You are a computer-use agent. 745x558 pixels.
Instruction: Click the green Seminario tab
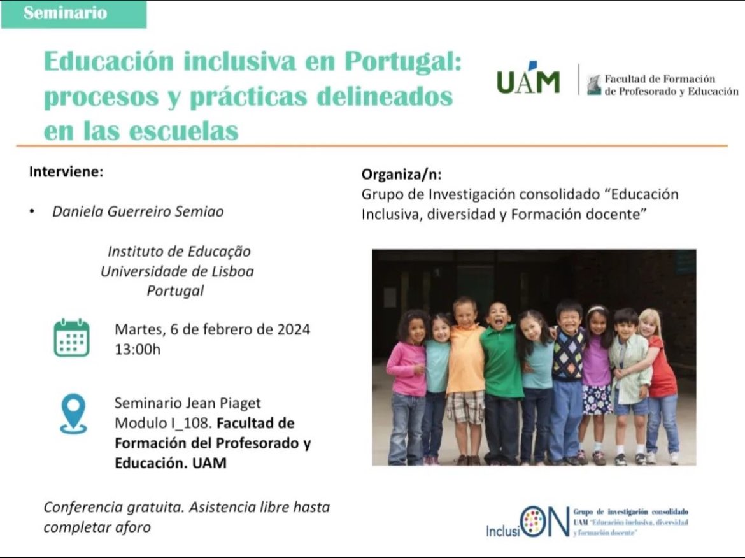pyautogui.click(x=73, y=14)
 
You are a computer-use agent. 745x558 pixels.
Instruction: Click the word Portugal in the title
pyautogui.click(x=402, y=63)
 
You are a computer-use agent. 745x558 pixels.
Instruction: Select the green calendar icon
pyautogui.click(x=71, y=338)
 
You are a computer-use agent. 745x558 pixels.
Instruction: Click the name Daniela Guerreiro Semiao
pyautogui.click(x=138, y=211)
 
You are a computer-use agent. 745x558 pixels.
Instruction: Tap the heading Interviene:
pyautogui.click(x=66, y=172)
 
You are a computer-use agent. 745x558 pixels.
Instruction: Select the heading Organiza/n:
pyautogui.click(x=401, y=175)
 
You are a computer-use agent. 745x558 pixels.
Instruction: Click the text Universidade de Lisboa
pyautogui.click(x=176, y=271)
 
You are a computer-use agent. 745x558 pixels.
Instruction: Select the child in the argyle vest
pyautogui.click(x=568, y=376)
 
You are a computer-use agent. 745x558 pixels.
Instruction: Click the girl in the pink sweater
pyautogui.click(x=409, y=376)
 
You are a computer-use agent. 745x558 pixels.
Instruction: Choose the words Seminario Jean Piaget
pyautogui.click(x=187, y=403)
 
